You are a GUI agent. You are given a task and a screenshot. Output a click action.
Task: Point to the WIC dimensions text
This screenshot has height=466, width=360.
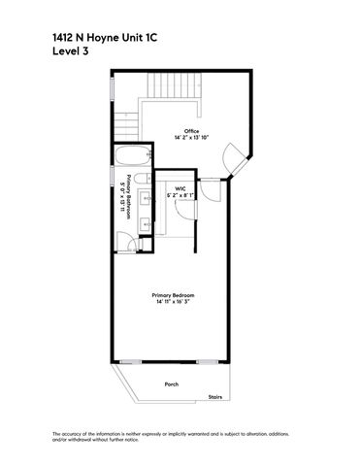coord(180,195)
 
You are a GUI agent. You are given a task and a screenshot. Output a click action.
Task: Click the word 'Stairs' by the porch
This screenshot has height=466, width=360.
coord(215,396)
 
